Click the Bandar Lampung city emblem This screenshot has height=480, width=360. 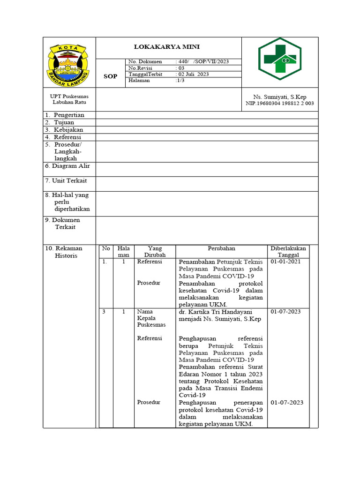(x=69, y=62)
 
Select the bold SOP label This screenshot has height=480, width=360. (x=110, y=76)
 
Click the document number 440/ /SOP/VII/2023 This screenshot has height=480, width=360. (x=202, y=62)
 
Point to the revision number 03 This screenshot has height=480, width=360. (x=181, y=68)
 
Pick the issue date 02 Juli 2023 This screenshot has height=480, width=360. (x=193, y=74)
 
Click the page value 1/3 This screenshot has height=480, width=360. (x=180, y=80)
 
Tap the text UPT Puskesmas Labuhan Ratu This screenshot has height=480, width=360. (x=69, y=99)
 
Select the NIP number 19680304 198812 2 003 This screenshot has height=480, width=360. (x=279, y=104)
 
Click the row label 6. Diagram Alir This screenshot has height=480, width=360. (x=67, y=166)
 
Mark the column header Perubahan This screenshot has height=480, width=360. (x=221, y=248)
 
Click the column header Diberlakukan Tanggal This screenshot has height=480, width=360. (x=288, y=252)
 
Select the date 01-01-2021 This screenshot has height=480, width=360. (x=285, y=262)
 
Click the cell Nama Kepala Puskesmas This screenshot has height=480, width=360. (x=151, y=318)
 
